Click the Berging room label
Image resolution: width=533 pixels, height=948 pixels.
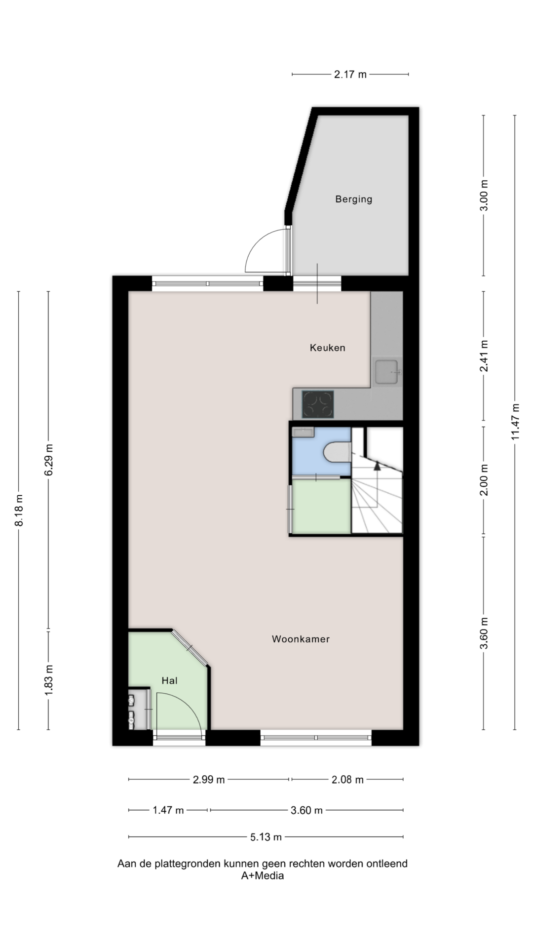click(353, 199)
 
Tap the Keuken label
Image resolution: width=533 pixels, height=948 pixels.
click(327, 348)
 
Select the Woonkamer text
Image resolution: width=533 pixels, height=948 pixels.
click(301, 639)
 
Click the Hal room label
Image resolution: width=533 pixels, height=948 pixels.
click(169, 680)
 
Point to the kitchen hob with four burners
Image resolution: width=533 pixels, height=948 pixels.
click(318, 404)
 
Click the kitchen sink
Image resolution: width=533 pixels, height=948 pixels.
click(387, 372)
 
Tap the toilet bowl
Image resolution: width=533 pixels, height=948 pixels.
click(338, 452)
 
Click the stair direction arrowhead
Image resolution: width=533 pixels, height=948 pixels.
click(378, 465)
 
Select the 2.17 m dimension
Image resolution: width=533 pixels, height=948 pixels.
click(350, 75)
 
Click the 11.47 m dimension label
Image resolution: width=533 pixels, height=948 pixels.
click(515, 422)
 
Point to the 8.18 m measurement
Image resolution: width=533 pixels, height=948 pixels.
click(19, 510)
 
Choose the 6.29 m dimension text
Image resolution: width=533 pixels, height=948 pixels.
click(49, 460)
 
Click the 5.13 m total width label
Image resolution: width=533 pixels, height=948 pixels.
click(266, 837)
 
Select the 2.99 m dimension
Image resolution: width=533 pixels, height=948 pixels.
click(209, 780)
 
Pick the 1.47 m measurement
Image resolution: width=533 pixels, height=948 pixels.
click(168, 810)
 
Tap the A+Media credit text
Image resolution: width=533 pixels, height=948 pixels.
click(262, 876)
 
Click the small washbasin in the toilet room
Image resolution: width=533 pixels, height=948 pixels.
click(303, 433)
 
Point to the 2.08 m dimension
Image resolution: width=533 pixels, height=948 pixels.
click(347, 780)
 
